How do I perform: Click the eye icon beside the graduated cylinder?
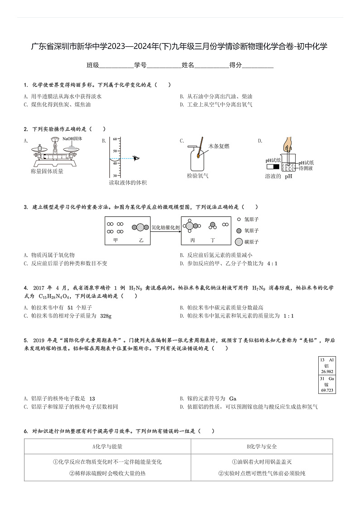tap(136, 158)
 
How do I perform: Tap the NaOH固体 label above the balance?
tap(72, 139)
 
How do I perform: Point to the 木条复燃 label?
tap(219, 146)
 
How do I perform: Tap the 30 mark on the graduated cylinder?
tap(115, 175)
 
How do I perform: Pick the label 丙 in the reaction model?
tap(193, 239)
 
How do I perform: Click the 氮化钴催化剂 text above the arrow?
tap(165, 227)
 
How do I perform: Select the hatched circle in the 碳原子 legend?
tap(239, 242)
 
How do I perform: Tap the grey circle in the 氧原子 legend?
tap(239, 230)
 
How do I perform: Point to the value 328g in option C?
tap(106, 316)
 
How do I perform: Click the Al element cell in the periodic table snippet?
tap(327, 365)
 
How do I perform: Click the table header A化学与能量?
tap(107, 446)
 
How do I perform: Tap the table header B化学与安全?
tap(262, 446)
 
